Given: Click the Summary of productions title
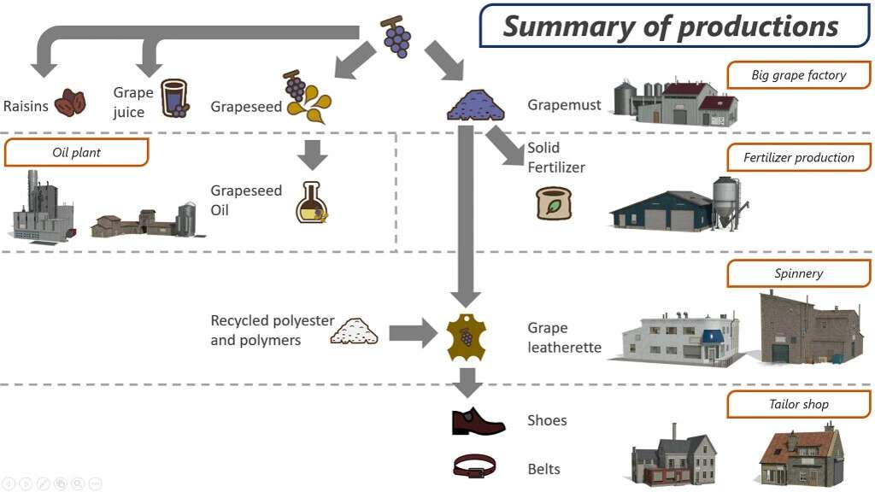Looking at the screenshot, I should tap(671, 26).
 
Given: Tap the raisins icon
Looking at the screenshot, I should tap(70, 103).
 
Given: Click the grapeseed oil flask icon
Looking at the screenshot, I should tap(312, 202).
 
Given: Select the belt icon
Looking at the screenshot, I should tap(474, 466).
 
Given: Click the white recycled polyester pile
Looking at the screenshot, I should tap(355, 331).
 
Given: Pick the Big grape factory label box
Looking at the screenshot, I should tap(799, 75).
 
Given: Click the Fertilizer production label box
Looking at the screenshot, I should tap(799, 157).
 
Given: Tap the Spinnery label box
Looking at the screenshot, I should tap(799, 273).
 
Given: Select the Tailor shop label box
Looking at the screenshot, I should tap(799, 404).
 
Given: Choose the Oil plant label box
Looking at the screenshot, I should tap(76, 152).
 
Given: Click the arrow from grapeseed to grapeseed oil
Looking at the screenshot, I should tap(314, 155).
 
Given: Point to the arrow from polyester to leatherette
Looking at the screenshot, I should tap(413, 332).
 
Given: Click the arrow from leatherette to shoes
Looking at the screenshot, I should tap(466, 382).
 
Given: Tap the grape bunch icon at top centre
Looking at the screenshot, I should tap(396, 36).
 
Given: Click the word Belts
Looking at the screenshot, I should tap(544, 469).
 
